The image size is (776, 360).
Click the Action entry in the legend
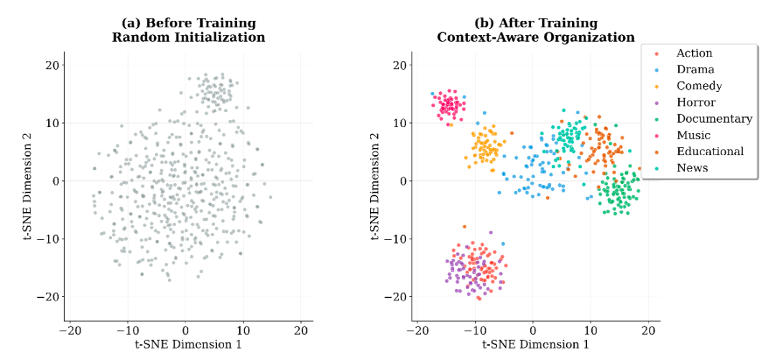pyautogui.click(x=694, y=53)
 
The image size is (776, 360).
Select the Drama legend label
pyautogui.click(x=695, y=70)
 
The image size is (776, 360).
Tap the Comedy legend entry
pyautogui.click(x=699, y=86)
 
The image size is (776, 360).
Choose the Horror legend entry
pyautogui.click(x=696, y=103)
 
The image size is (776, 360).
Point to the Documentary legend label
pyautogui.click(x=714, y=119)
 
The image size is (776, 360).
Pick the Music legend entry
pyautogui.click(x=693, y=135)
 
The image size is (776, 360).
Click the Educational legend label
pyautogui.click(x=710, y=152)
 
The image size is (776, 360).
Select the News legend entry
pyautogui.click(x=692, y=168)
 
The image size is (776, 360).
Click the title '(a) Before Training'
pyautogui.click(x=188, y=23)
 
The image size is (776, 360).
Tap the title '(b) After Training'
pyautogui.click(x=535, y=23)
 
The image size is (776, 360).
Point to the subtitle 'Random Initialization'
pyautogui.click(x=188, y=37)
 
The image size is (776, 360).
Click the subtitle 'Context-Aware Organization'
pyautogui.click(x=535, y=37)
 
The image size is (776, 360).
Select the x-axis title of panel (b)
pyautogui.click(x=535, y=345)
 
